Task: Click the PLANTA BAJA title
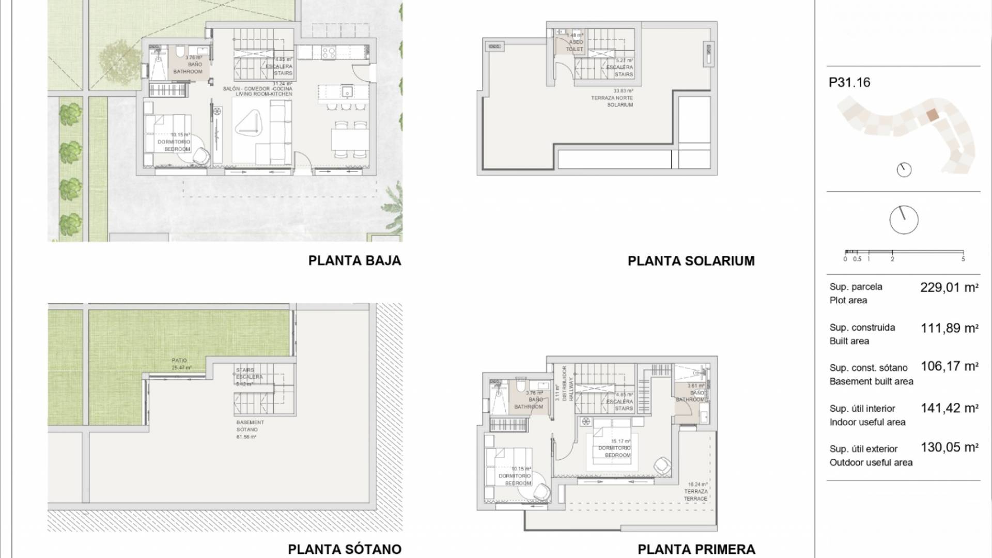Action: [x=354, y=260]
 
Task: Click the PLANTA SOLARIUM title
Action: [x=691, y=261]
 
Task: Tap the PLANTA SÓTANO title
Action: [x=344, y=549]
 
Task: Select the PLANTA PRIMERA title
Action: [x=696, y=549]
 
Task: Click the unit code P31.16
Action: [x=849, y=83]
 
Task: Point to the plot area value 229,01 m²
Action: [x=949, y=288]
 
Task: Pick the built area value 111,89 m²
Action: [x=949, y=328]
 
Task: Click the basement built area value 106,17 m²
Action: [x=949, y=367]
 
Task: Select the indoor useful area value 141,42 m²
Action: [x=949, y=408]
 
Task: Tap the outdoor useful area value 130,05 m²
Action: [x=949, y=447]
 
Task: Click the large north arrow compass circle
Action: [x=904, y=220]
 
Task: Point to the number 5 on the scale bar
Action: [x=963, y=259]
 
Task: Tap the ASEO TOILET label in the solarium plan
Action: [x=575, y=45]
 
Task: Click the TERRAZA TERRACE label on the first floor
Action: [x=695, y=495]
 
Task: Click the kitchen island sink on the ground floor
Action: [x=347, y=92]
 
